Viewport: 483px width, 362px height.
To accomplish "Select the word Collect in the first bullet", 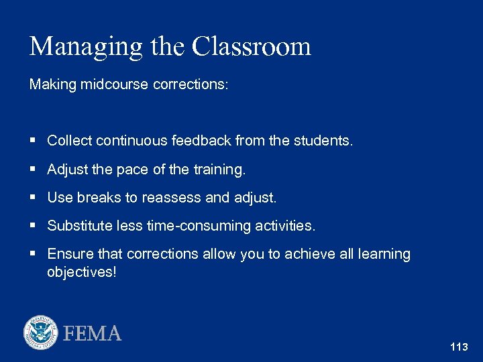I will coord(69,141).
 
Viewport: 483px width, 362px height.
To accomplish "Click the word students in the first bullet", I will coord(323,141).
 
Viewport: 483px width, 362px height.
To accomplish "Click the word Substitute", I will coord(78,227).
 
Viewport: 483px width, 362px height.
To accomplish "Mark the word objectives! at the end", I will coord(81,272).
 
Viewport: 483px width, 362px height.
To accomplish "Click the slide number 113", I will coord(460,347).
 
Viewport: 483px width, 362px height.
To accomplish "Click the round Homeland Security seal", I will coord(41,333).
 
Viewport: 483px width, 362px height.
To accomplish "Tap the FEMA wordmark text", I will coord(93,333).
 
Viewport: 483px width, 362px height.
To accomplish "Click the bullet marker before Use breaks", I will coord(33,198).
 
